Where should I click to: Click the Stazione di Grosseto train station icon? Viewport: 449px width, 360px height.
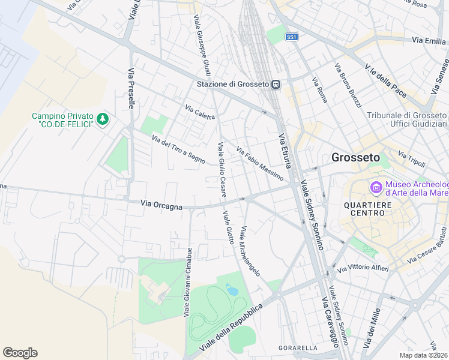(x=276, y=85)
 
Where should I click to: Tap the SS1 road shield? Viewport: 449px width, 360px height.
(x=292, y=37)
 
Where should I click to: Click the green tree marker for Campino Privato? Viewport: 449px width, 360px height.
(x=103, y=119)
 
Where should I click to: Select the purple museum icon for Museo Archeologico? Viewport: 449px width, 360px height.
(x=376, y=188)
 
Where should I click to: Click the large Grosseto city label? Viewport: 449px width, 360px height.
(x=355, y=158)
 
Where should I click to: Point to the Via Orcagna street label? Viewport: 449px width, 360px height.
(x=161, y=206)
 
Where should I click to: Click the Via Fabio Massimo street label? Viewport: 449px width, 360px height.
(x=259, y=164)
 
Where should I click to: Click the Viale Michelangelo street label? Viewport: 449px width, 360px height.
(x=250, y=251)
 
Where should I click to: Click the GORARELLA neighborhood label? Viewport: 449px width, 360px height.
(x=298, y=348)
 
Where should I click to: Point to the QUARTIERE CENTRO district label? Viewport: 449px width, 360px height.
(x=372, y=208)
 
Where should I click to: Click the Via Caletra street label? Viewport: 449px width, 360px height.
(x=200, y=113)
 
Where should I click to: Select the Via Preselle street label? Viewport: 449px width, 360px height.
(x=131, y=88)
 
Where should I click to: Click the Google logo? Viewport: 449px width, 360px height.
(x=20, y=353)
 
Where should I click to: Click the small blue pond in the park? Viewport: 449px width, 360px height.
(x=232, y=291)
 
